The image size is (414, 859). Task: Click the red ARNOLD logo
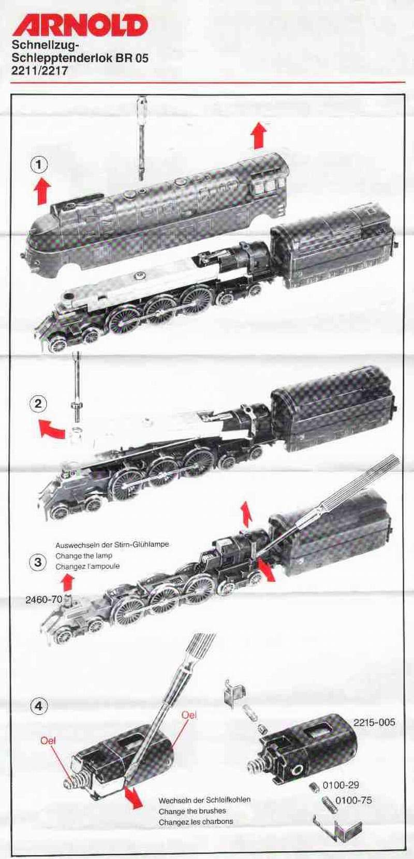(80, 25)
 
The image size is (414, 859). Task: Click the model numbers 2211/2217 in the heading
(40, 71)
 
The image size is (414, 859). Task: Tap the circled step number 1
(39, 165)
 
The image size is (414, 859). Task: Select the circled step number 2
(38, 404)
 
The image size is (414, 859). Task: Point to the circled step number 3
(38, 562)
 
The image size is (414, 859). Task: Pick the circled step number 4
(39, 706)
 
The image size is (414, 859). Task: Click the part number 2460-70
(43, 600)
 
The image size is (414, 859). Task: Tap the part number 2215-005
(374, 722)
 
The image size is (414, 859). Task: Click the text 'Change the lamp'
(84, 556)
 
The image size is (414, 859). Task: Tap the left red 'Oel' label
(48, 740)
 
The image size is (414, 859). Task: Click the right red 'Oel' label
(189, 715)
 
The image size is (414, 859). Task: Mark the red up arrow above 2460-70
(67, 583)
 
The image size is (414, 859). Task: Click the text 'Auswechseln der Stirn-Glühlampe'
(112, 545)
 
